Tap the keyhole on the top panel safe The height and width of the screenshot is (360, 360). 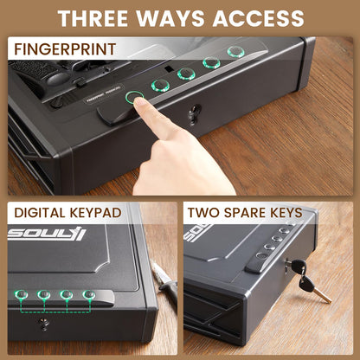[194, 112]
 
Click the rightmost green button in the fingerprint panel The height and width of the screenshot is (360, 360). [235, 52]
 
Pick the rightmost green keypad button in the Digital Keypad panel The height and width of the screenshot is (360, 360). [87, 296]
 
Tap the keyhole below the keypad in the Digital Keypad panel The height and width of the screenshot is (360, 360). [47, 325]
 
